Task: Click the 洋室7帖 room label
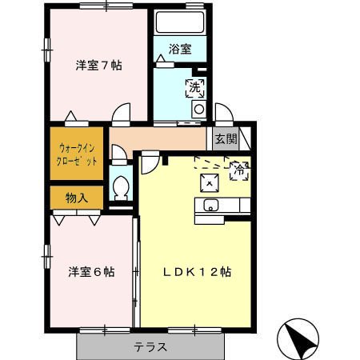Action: point(99,66)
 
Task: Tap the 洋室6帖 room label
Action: point(92,272)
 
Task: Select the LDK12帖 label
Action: point(197,272)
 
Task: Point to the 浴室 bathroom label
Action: point(180,49)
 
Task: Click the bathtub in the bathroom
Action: point(180,22)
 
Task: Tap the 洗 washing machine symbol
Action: point(195,88)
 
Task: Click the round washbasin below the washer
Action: point(199,109)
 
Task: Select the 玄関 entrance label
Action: point(226,138)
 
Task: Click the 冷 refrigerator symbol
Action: point(240,170)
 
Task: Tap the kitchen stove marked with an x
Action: point(210,183)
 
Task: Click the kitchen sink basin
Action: point(211,205)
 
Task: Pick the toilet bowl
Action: point(121,187)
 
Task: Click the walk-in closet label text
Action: point(77,154)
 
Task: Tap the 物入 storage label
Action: point(77,198)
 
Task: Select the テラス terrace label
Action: point(150,347)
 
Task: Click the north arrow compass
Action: point(298,339)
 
